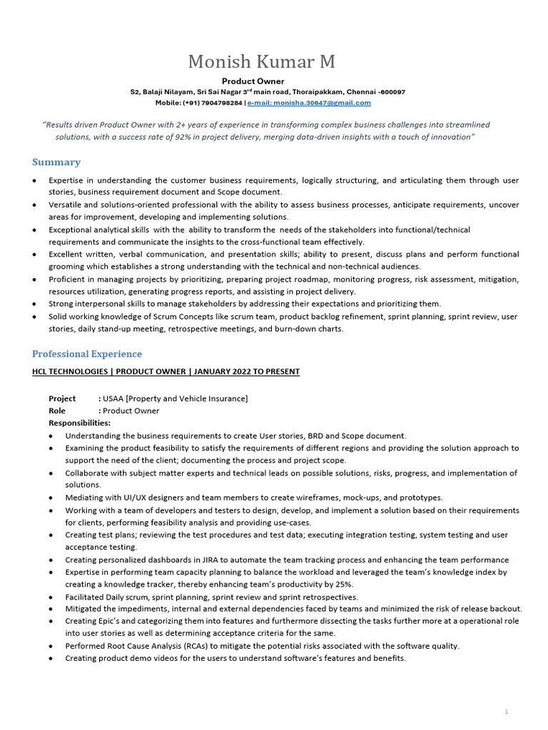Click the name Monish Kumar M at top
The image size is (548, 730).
point(262,62)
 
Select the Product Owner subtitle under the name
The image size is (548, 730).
point(253,81)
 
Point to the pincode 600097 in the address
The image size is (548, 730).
point(393,92)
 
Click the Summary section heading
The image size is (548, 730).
point(56,162)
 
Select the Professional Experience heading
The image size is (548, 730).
point(87,354)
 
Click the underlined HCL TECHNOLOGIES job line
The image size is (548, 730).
point(166,371)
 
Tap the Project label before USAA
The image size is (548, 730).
point(62,399)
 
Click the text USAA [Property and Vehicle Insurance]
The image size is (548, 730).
point(176,399)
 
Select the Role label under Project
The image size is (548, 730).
point(57,411)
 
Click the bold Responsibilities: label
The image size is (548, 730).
point(79,423)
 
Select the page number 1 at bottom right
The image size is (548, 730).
point(506,711)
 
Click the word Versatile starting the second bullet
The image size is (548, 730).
point(66,205)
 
